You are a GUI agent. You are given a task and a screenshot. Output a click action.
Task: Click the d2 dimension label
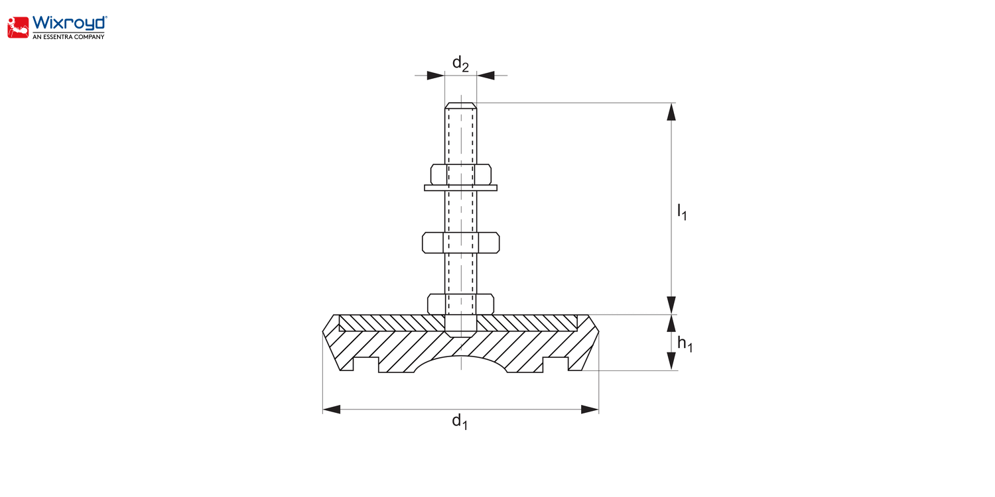click(460, 64)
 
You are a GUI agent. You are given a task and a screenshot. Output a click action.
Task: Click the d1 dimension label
click(460, 421)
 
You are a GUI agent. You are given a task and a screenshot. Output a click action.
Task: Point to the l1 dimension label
click(682, 211)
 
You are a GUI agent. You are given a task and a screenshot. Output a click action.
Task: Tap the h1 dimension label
click(685, 344)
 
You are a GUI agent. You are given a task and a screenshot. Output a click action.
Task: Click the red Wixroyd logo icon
click(18, 28)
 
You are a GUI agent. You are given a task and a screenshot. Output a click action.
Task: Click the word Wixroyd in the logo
click(70, 23)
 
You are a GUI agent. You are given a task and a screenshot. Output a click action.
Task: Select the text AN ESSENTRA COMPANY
click(68, 37)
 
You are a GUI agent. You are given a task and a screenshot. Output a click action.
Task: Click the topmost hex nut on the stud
click(460, 174)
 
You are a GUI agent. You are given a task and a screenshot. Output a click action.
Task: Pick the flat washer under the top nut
click(460, 188)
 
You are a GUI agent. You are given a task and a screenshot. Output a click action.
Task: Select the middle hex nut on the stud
click(460, 243)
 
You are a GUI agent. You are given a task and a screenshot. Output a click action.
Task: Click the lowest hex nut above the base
click(460, 304)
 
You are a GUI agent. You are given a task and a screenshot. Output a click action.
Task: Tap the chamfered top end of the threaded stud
click(460, 105)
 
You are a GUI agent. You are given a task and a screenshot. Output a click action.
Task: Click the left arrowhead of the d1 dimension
click(332, 409)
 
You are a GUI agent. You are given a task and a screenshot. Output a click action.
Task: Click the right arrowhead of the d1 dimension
click(590, 409)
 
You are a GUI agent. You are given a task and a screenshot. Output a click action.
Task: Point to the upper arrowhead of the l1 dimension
click(671, 112)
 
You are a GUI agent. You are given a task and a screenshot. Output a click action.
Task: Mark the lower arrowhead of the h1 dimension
click(671, 361)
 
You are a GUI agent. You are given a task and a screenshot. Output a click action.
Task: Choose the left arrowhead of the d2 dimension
click(435, 76)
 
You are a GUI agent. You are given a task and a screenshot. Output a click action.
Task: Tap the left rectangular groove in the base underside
click(365, 364)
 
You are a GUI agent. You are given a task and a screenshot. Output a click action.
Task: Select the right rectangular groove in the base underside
click(556, 364)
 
